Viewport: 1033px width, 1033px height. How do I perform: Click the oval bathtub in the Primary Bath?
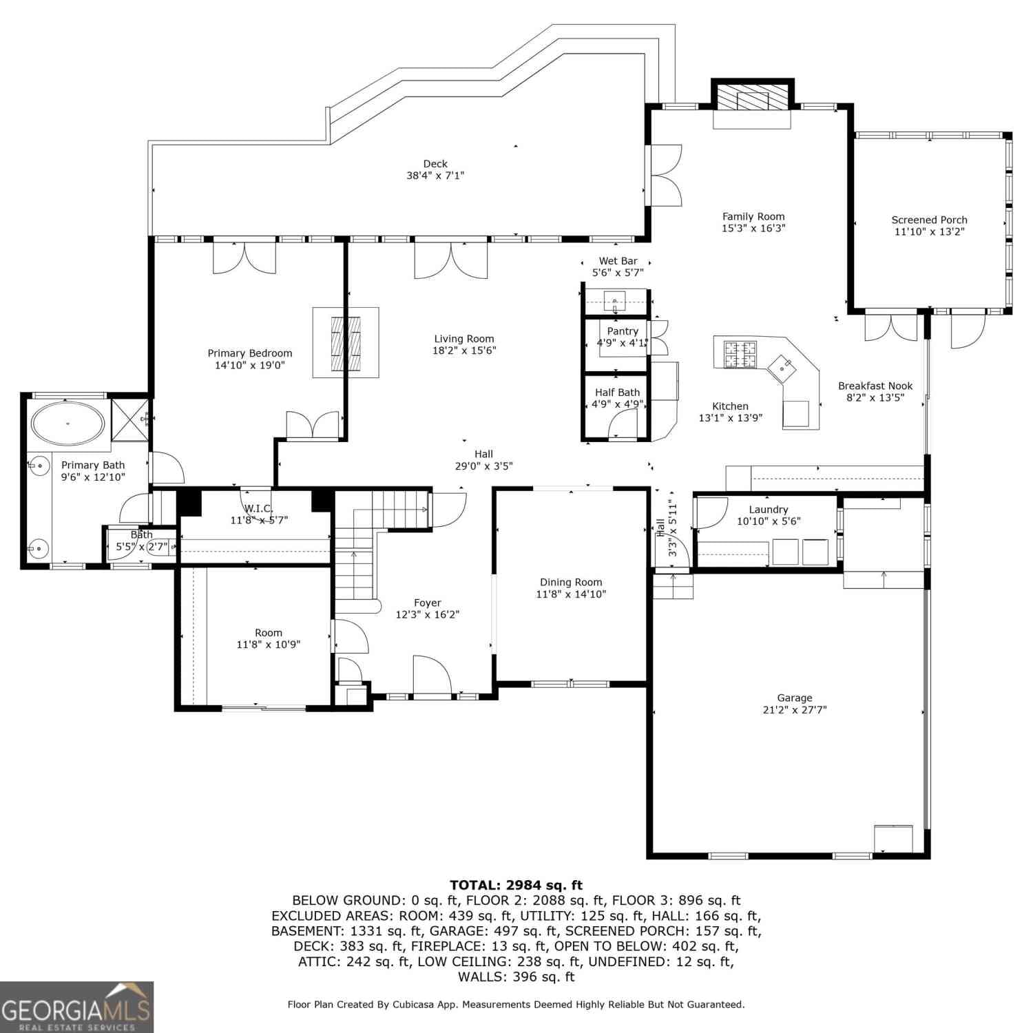click(x=68, y=423)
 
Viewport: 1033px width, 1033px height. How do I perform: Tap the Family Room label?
click(x=753, y=216)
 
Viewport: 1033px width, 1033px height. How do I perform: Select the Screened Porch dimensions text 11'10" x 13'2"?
click(x=929, y=232)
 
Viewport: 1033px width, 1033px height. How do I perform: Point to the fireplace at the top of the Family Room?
click(x=752, y=98)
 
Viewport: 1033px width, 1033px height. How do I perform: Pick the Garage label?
click(x=795, y=698)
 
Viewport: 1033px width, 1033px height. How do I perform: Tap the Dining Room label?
click(x=571, y=582)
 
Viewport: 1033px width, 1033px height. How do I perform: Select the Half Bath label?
click(x=618, y=393)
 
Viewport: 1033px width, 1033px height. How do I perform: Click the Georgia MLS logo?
click(x=76, y=1007)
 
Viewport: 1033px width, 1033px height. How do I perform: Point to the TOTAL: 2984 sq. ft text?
click(x=516, y=885)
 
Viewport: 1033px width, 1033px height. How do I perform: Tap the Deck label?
click(x=435, y=163)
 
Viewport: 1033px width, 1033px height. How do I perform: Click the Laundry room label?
click(x=769, y=510)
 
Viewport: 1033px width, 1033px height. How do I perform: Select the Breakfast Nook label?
click(x=875, y=386)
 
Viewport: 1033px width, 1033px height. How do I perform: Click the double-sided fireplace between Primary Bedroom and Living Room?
click(x=346, y=342)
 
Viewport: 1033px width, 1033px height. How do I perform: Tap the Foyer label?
click(x=428, y=603)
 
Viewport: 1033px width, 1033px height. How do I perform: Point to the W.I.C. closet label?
click(x=258, y=508)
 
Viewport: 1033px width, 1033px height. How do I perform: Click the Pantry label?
click(x=623, y=331)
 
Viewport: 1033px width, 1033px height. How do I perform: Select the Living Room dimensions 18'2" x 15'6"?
click(x=464, y=351)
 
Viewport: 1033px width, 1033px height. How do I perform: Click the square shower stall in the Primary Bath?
click(x=129, y=419)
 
